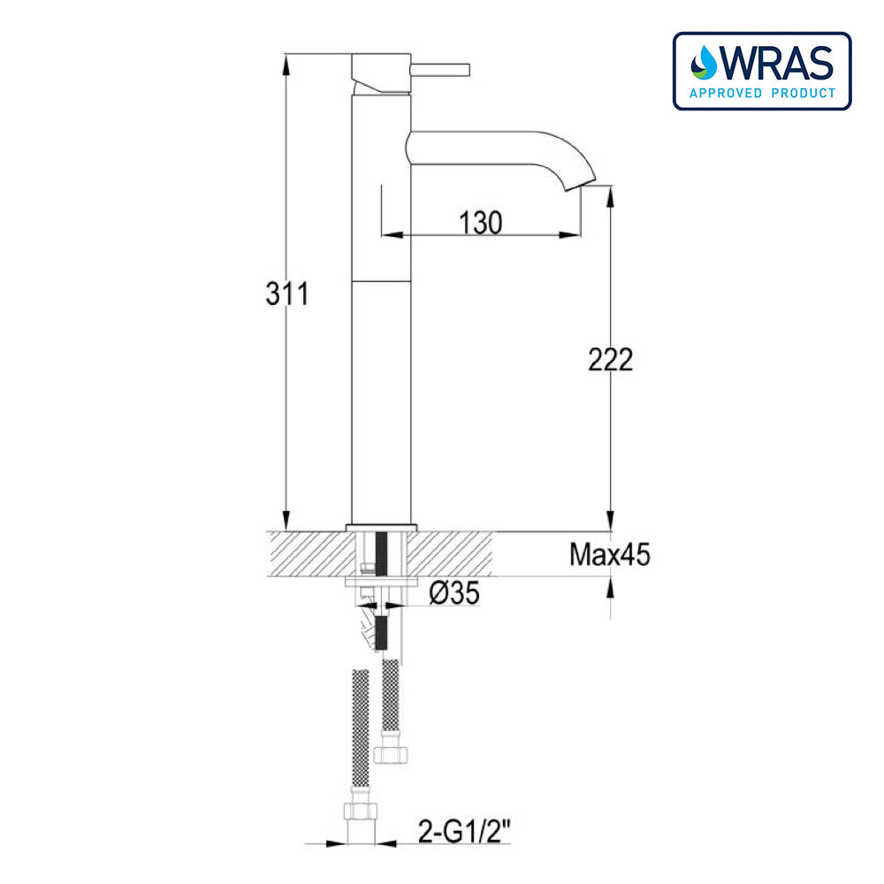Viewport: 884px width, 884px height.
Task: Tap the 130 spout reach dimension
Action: coord(481,223)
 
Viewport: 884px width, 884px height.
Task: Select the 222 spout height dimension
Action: coord(611,359)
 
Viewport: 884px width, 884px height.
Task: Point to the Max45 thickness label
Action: coord(610,555)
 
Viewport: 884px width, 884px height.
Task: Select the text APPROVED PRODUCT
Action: coord(762,93)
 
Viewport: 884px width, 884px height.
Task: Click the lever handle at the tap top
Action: coord(439,67)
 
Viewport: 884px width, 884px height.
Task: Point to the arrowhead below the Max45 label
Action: coord(610,586)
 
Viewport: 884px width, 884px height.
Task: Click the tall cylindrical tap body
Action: coord(382,354)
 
